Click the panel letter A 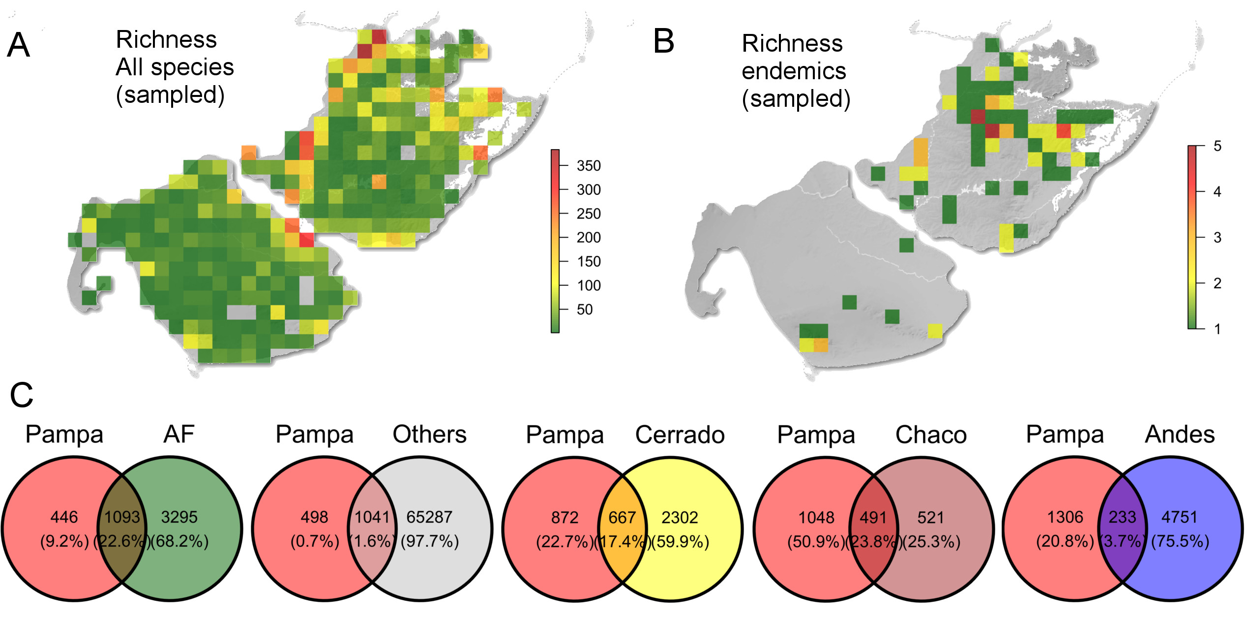(19, 45)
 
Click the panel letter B (663, 41)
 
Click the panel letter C (22, 395)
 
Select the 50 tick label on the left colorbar (585, 310)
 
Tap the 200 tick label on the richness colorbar (588, 238)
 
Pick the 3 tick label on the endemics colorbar (1217, 238)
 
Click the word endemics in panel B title (794, 71)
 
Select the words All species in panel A (175, 67)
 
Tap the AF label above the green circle (179, 434)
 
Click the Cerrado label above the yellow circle (680, 434)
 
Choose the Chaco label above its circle (931, 434)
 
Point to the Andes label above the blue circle (1180, 434)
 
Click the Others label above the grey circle (429, 434)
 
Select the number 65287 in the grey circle (429, 517)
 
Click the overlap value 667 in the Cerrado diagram (622, 517)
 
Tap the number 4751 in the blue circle (1179, 517)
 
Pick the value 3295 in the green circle (179, 517)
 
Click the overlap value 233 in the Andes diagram (1122, 517)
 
